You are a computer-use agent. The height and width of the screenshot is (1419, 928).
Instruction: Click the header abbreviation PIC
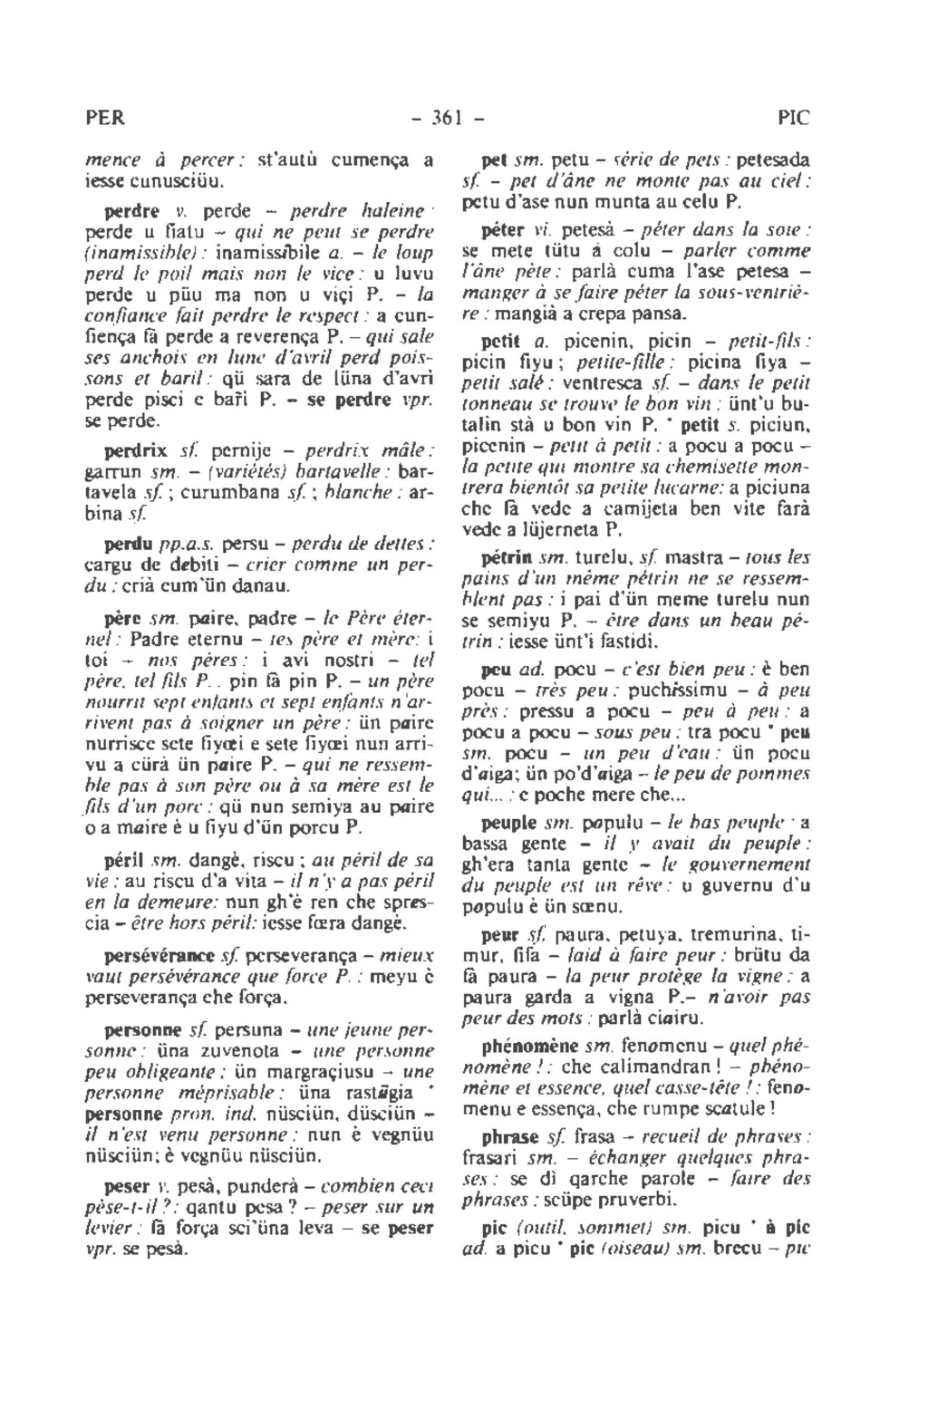[793, 119]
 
